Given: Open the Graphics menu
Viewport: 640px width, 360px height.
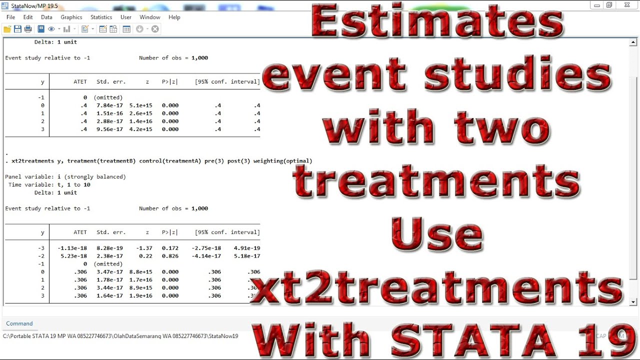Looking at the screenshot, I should tap(71, 17).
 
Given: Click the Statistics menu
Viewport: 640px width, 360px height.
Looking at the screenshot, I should tap(101, 17).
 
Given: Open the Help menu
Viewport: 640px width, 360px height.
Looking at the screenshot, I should tap(174, 17).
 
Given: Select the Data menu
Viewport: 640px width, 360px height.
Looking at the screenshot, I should tap(46, 17).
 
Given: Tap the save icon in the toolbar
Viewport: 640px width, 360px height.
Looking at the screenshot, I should tap(17, 29).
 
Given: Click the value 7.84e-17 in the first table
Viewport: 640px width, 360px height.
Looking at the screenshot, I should tap(109, 105).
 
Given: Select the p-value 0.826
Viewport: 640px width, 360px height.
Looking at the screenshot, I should tap(170, 256).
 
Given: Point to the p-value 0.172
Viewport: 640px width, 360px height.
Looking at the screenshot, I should tap(170, 248).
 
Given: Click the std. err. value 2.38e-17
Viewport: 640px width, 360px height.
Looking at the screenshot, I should tap(109, 256).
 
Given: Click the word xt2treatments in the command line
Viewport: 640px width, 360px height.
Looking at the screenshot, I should tap(32, 161).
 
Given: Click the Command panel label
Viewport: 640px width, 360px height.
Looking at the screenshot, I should tap(19, 323).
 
